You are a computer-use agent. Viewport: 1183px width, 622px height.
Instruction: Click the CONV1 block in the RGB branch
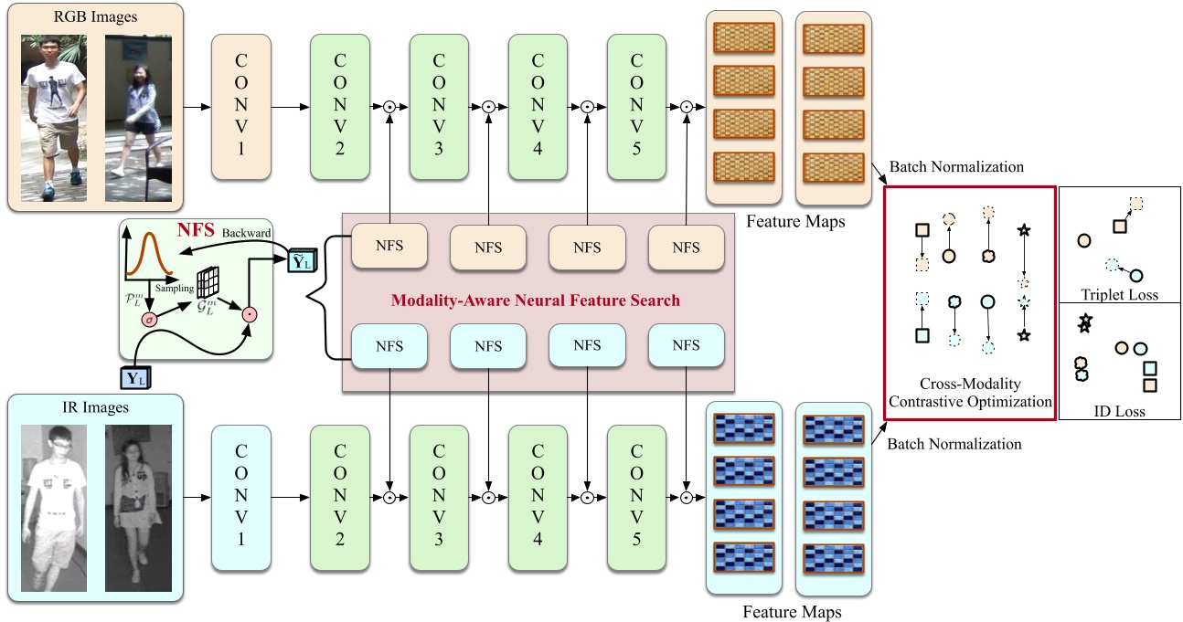[241, 107]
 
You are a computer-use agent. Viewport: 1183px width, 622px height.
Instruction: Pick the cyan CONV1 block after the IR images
[241, 499]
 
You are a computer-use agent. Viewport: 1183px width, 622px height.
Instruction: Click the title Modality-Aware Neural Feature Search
[535, 300]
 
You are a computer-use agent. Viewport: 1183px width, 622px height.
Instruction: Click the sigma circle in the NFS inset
[149, 319]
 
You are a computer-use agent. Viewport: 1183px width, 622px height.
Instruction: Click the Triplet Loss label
[1118, 294]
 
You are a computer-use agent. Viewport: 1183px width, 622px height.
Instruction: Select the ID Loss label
[1119, 411]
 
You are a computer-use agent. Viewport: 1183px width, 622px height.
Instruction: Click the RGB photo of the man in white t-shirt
[54, 118]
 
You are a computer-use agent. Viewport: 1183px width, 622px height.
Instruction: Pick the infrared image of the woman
[138, 509]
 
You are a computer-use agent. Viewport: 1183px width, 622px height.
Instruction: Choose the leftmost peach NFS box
[389, 246]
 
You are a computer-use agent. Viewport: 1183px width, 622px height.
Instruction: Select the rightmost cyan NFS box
[686, 345]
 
